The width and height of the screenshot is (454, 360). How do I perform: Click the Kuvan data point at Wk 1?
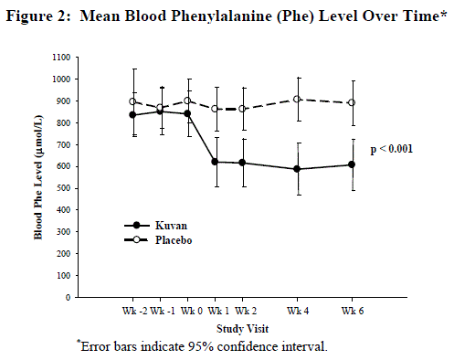[215, 162]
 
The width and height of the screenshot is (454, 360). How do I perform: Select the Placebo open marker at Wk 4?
[298, 99]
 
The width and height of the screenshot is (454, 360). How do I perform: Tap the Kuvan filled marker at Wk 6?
[353, 164]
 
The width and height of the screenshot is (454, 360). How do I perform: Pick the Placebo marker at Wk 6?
[353, 102]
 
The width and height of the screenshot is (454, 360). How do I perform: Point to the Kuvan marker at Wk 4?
[298, 169]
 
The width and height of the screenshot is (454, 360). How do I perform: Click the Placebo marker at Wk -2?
[133, 101]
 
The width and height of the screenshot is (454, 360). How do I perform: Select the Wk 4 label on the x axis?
[298, 311]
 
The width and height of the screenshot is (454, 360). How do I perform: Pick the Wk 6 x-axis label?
[353, 311]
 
